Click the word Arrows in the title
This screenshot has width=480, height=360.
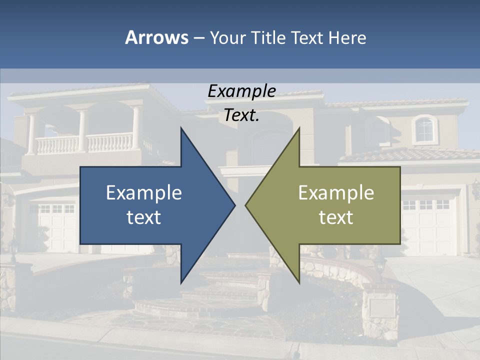[156, 37]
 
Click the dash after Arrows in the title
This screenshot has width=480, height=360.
[198, 38]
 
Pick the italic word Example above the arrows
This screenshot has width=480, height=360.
[241, 91]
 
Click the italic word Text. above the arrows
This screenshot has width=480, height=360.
[241, 115]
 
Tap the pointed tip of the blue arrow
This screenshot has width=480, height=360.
[233, 205]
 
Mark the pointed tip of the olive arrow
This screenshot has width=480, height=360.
[247, 205]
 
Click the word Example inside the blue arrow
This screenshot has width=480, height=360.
[144, 192]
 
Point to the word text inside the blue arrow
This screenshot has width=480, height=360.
[144, 217]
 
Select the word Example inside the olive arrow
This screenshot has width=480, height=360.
[336, 192]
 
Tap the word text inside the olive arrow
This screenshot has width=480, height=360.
[336, 217]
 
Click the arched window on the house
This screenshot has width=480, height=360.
[424, 129]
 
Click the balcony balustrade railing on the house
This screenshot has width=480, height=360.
[85, 143]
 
